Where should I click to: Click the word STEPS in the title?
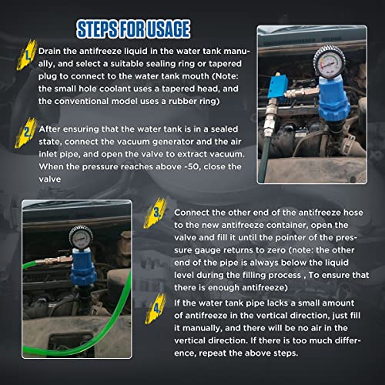pyautogui.click(x=99, y=30)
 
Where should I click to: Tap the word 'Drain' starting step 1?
pyautogui.click(x=55, y=52)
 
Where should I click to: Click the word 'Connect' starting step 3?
pyautogui.click(x=197, y=212)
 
